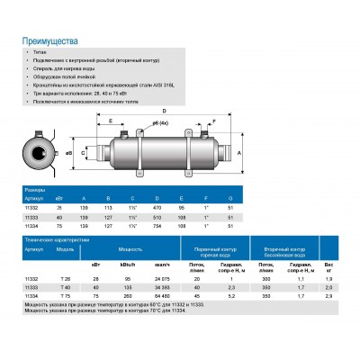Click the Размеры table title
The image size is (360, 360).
point(35,191)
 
